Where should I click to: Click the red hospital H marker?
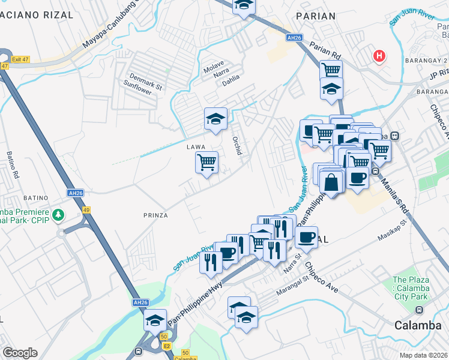[x=379, y=56]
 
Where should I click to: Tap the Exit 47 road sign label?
[x=18, y=60]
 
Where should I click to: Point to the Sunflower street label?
[x=138, y=91]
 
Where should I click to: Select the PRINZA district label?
[x=155, y=215]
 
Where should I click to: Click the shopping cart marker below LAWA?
[x=206, y=161]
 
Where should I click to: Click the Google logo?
[x=20, y=353]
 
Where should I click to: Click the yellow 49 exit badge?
[x=86, y=209]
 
